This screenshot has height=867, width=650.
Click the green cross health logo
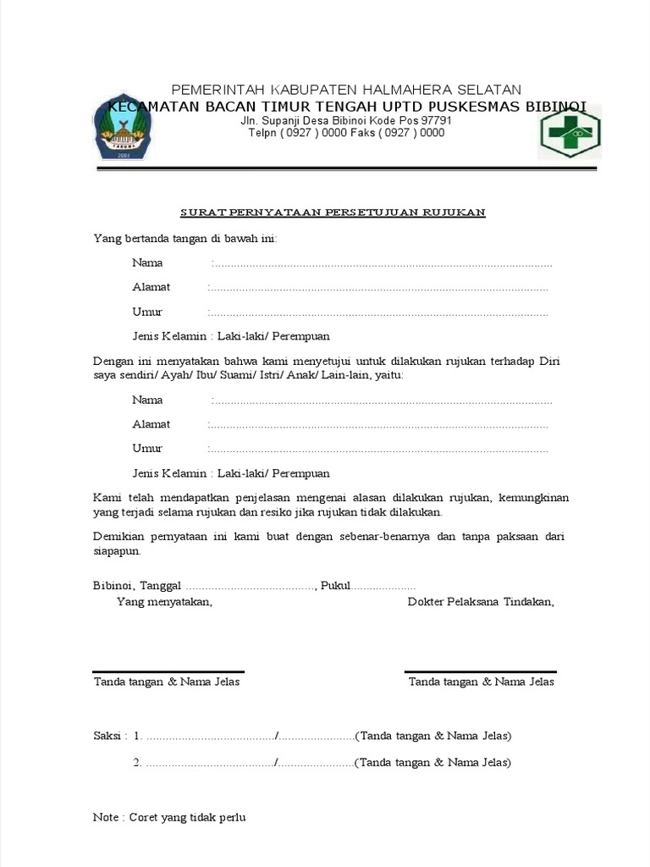click(x=569, y=131)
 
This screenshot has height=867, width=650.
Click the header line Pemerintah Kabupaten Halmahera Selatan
click(x=347, y=90)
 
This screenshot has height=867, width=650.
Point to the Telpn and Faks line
click(x=347, y=133)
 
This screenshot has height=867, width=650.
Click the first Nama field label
click(x=147, y=262)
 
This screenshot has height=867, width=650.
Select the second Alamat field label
click(x=151, y=424)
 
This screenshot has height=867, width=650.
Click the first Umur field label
click(x=147, y=312)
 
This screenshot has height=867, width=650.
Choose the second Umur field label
click(x=147, y=448)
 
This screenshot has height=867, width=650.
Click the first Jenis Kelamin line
click(x=231, y=336)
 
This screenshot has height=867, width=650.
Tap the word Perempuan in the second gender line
click(x=301, y=473)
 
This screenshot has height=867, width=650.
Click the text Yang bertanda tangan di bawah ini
click(x=185, y=239)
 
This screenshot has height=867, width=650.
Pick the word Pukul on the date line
click(x=336, y=586)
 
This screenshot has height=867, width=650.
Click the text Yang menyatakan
click(x=164, y=602)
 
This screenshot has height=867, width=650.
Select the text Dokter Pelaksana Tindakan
click(x=481, y=602)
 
